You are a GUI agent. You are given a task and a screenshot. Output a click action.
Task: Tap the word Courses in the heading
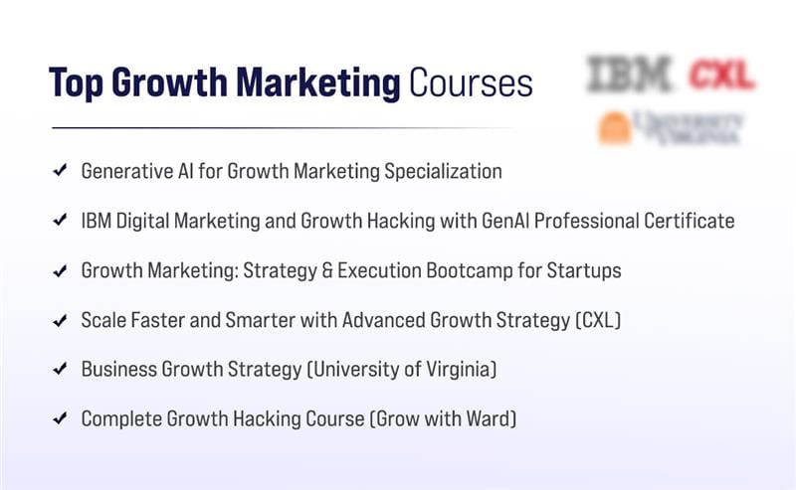(x=470, y=83)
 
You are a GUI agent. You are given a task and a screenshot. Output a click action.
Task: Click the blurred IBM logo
(x=630, y=75)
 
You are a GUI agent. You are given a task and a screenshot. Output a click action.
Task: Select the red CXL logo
(x=721, y=75)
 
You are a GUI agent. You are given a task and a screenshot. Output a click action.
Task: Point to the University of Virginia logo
(x=670, y=128)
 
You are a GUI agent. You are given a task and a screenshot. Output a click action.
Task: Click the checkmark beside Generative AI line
(x=60, y=171)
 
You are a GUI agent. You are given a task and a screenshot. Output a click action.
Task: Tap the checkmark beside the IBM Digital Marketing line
(x=60, y=221)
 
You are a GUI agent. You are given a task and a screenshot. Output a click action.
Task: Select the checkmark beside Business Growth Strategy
(x=60, y=370)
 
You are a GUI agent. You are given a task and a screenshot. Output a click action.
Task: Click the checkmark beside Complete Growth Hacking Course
(x=60, y=419)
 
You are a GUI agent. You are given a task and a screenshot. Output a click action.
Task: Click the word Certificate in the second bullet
(x=686, y=221)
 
